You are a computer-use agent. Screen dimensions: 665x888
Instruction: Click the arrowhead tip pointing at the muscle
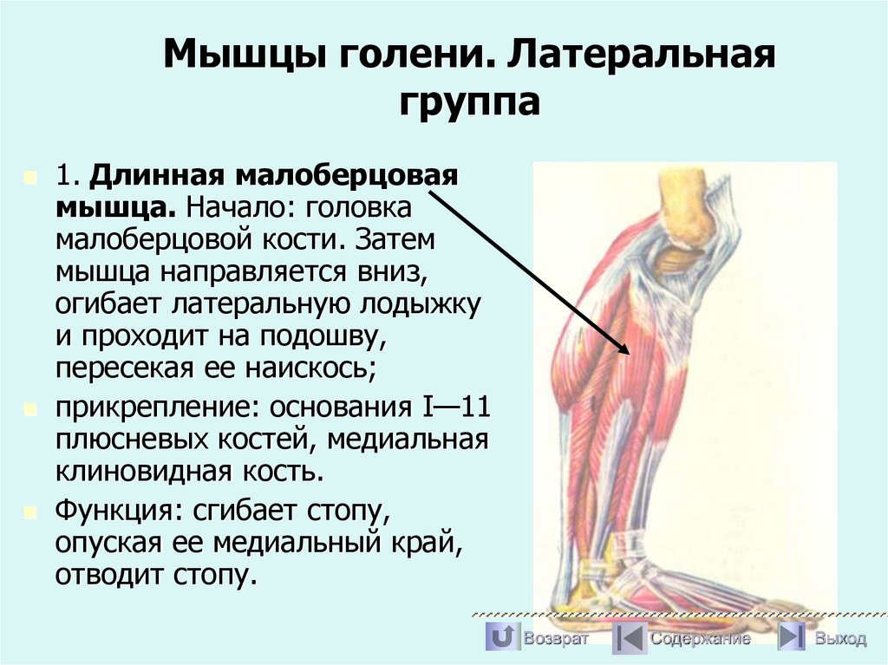(627, 352)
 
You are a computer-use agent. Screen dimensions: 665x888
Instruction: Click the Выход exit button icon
(791, 638)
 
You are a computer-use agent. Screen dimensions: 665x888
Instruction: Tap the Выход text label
(839, 639)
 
